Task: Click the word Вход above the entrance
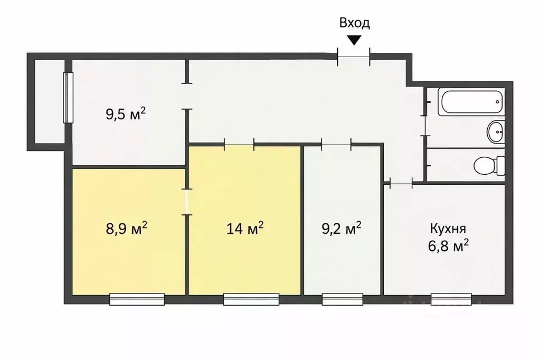tap(354, 23)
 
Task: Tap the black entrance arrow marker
tap(354, 40)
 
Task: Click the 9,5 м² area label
tap(126, 113)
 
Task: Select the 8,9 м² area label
tap(126, 228)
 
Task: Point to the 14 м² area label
tap(245, 228)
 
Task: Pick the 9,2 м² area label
tap(342, 228)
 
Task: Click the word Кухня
tap(448, 229)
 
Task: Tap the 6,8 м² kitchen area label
tap(448, 246)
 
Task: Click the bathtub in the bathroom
tap(471, 102)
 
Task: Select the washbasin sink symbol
tap(496, 131)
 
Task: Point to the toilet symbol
tap(489, 166)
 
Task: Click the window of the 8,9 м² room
tap(137, 299)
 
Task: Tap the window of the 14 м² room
tap(251, 299)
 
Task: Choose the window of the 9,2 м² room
tap(343, 299)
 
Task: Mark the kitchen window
tap(451, 299)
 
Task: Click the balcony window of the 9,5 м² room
tap(68, 98)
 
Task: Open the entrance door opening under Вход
tap(354, 57)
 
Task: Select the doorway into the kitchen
tap(401, 183)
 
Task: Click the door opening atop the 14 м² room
tap(239, 144)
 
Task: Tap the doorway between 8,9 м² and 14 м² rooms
tap(187, 202)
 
